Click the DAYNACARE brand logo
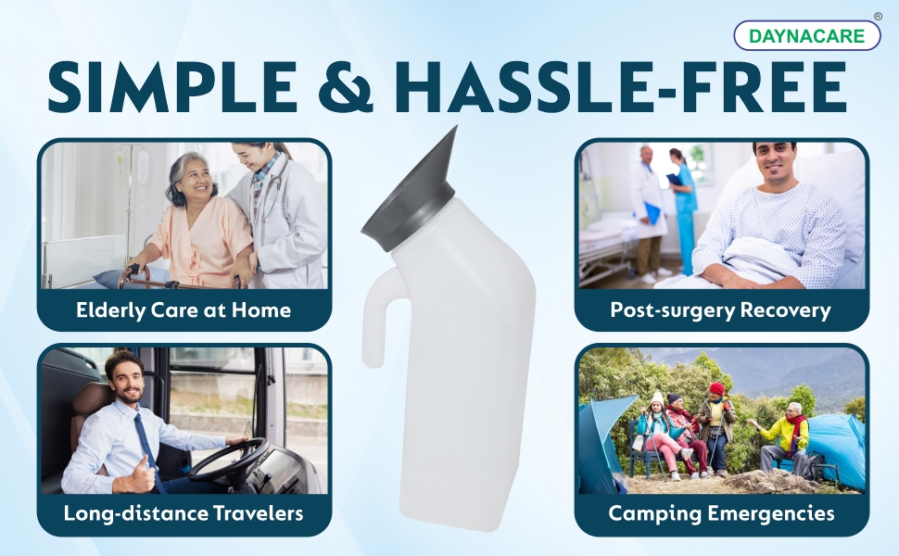[x=806, y=35]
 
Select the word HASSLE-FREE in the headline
[x=620, y=86]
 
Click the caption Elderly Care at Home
[x=184, y=310]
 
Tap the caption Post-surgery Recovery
[x=721, y=310]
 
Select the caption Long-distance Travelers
[x=184, y=513]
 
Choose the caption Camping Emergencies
[x=721, y=513]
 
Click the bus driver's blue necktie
[x=147, y=447]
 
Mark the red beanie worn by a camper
[x=716, y=388]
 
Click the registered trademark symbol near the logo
[x=878, y=17]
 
